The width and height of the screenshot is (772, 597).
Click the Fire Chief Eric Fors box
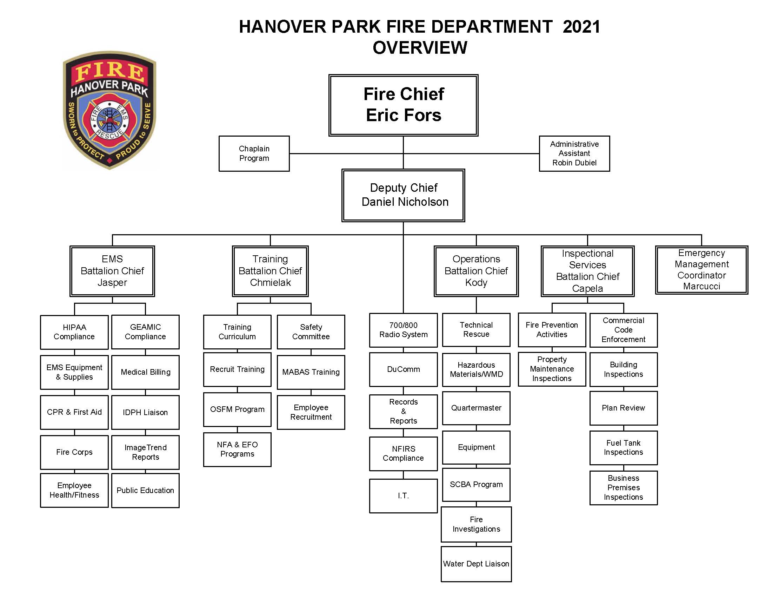click(x=403, y=105)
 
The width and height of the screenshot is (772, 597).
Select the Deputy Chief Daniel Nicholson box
click(x=403, y=195)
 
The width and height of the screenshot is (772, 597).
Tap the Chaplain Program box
click(x=254, y=153)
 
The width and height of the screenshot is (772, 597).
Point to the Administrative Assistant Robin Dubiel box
click(x=574, y=153)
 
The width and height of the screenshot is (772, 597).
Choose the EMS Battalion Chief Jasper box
click(x=112, y=271)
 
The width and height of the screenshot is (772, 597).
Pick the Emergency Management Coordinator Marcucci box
click(x=701, y=270)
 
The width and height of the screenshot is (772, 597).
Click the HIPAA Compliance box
click(x=74, y=332)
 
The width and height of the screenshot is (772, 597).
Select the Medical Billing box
click(x=145, y=372)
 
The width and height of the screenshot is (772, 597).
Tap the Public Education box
click(x=145, y=490)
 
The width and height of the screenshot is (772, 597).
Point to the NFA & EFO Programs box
click(x=237, y=449)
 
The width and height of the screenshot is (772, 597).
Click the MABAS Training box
click(x=311, y=372)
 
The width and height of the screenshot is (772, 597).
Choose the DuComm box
click(x=403, y=369)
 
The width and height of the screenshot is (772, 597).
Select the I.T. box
click(x=403, y=496)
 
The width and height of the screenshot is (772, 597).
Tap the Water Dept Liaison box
click(x=476, y=564)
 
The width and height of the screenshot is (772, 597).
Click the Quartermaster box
click(x=476, y=408)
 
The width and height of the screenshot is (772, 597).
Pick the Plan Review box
click(x=623, y=408)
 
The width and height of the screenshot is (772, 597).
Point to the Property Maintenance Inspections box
click(x=552, y=369)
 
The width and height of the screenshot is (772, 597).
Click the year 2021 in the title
click(x=581, y=27)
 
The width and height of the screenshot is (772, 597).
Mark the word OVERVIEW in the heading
click(x=420, y=48)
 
